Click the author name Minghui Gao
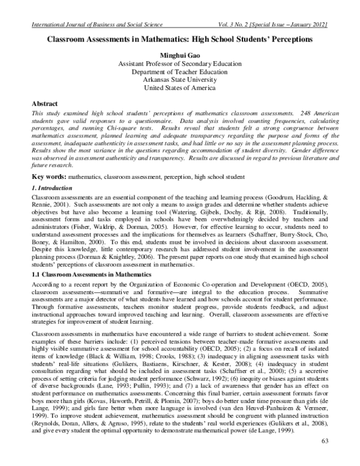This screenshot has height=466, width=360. click(x=179, y=55)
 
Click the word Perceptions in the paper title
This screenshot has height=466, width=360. click(x=292, y=39)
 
